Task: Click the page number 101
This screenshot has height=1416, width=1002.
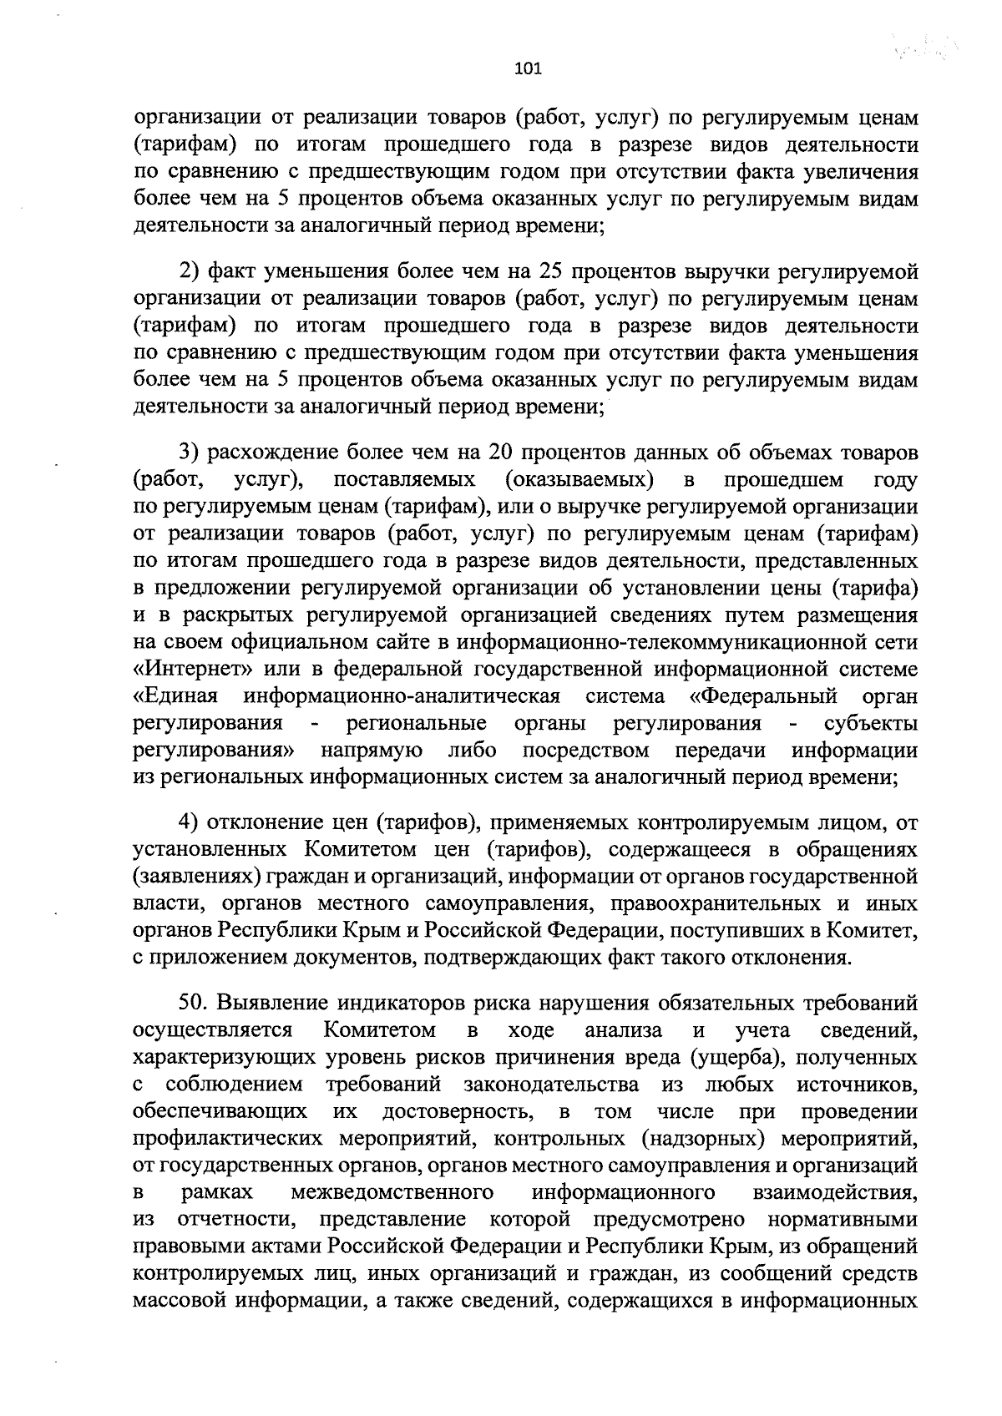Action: coord(528,69)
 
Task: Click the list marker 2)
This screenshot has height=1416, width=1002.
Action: coord(190,271)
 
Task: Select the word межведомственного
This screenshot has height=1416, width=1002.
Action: coord(392,1192)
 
